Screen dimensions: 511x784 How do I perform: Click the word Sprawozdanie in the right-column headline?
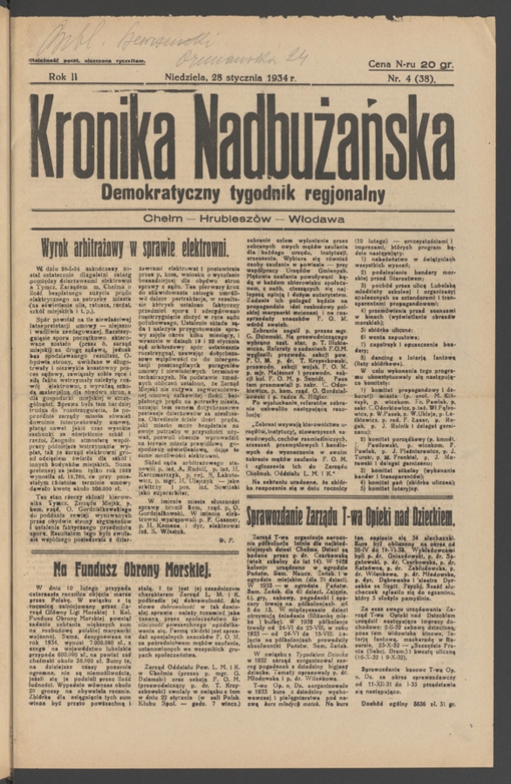(292, 517)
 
